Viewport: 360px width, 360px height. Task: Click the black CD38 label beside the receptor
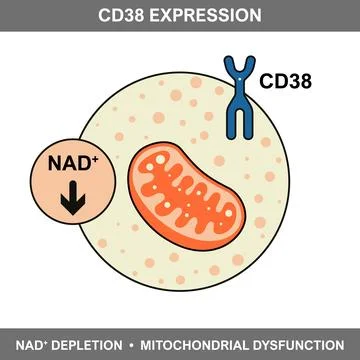coord(285,80)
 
